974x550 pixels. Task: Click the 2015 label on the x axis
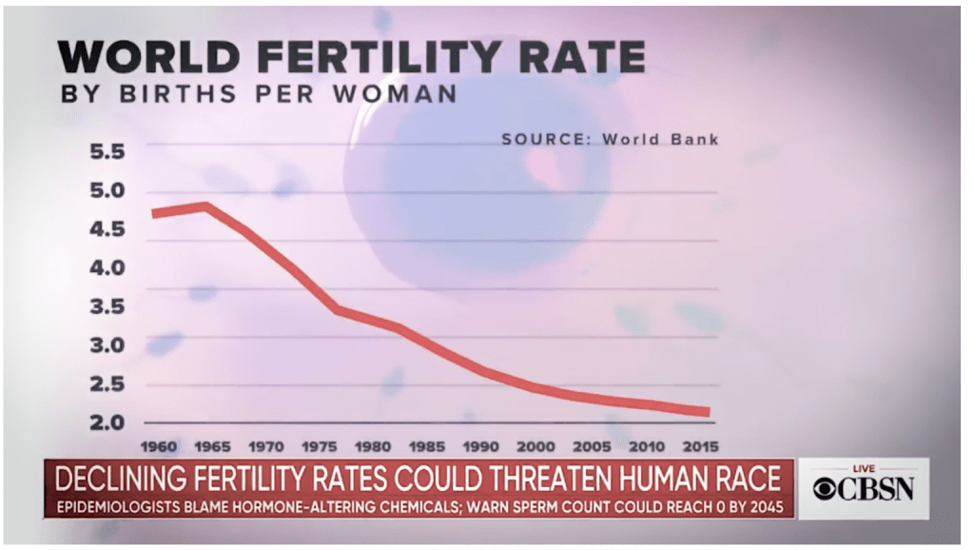pos(699,445)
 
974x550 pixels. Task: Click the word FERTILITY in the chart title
pos(367,56)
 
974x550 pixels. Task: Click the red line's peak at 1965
pos(204,206)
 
